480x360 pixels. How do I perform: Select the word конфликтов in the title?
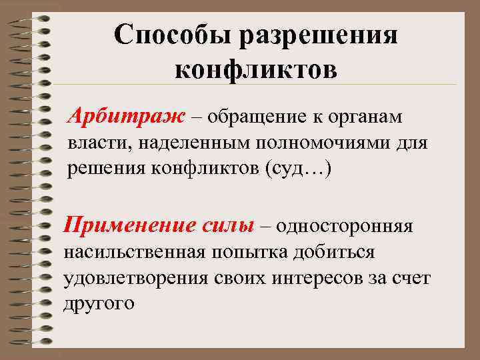(256, 69)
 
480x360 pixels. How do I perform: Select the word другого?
(99, 303)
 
